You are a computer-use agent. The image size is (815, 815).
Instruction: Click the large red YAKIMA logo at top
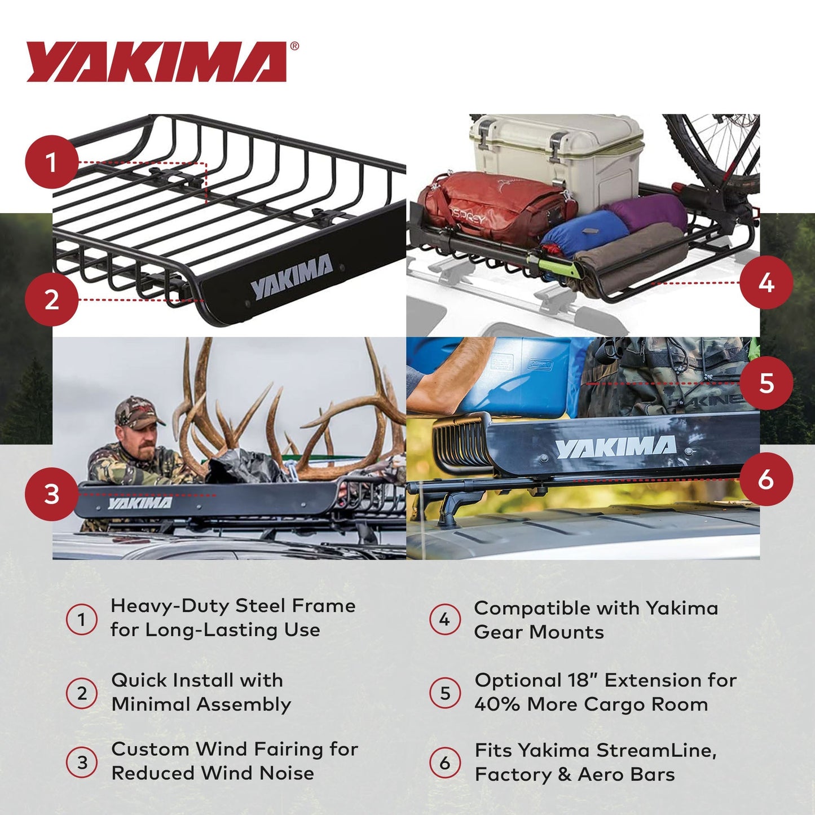click(157, 62)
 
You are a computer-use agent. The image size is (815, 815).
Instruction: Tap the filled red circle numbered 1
click(51, 162)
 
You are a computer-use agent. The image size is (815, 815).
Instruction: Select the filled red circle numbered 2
click(51, 299)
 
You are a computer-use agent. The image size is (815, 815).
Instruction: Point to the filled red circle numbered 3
click(51, 495)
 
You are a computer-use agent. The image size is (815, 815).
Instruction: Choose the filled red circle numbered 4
click(766, 283)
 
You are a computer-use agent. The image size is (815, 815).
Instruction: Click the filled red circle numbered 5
click(766, 383)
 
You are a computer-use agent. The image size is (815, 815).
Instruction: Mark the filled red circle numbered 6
click(766, 479)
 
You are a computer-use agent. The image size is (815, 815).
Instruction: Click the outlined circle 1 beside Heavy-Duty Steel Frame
click(82, 619)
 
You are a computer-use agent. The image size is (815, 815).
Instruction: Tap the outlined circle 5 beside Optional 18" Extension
click(445, 693)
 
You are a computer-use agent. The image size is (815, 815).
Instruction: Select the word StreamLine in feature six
click(657, 751)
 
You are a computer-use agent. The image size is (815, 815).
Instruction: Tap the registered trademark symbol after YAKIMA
click(294, 47)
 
